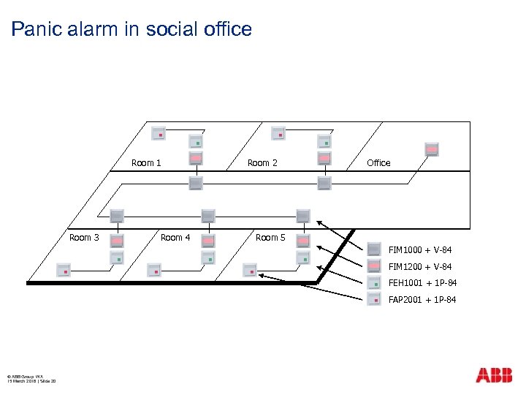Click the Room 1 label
(146, 162)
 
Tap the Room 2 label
(262, 162)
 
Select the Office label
(378, 162)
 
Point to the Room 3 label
(84, 237)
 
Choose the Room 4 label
(175, 237)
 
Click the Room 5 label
(270, 237)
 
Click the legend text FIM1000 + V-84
(420, 249)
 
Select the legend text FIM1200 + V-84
(420, 266)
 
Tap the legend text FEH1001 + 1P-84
(423, 283)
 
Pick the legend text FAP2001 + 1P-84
(422, 300)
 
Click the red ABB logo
(494, 375)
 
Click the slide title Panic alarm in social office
(131, 29)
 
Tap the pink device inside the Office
(432, 148)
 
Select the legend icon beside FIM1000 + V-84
(374, 249)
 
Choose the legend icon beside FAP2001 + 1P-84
(374, 299)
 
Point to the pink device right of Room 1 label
(196, 158)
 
